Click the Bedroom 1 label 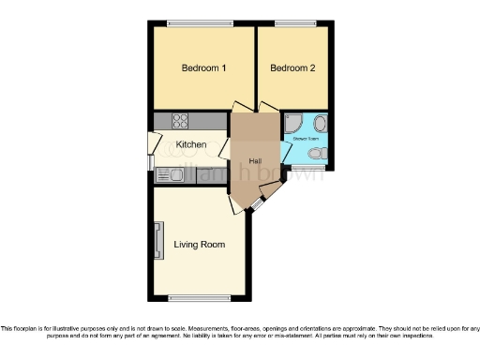point(203,68)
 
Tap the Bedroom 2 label point(292,68)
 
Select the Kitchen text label point(191,144)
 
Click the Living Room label point(200,245)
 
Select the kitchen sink point(170,175)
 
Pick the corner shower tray point(292,123)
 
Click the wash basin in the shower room point(320,123)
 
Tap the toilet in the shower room point(318,154)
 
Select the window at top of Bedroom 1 point(196,22)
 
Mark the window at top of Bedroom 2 point(295,22)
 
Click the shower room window point(303,169)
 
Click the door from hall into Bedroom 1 point(241,108)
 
